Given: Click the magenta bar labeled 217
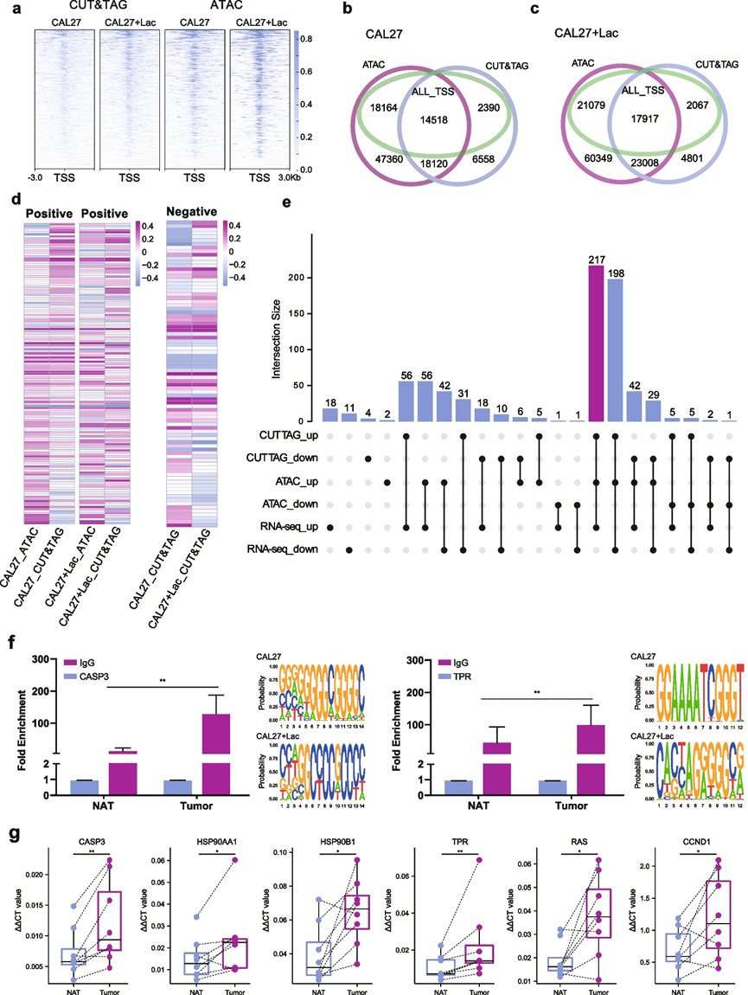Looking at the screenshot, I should pos(597,343).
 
